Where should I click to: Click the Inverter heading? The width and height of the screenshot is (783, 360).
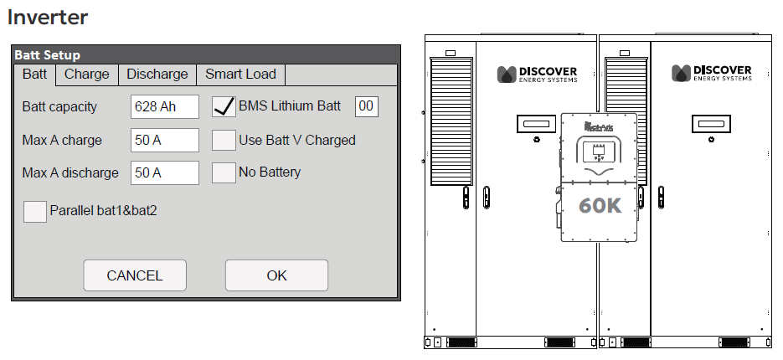pos(48,17)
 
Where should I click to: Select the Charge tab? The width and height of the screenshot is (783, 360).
pos(87,75)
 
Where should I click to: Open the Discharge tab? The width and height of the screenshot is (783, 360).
pos(157,75)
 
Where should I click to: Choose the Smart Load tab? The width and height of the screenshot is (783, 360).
pos(240,75)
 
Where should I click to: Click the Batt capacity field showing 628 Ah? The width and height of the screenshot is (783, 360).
pos(165,107)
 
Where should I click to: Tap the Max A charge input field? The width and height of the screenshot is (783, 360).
pos(165,140)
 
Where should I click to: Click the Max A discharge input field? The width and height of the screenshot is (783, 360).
pos(165,172)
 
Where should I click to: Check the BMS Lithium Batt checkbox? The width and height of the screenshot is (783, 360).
pos(224,106)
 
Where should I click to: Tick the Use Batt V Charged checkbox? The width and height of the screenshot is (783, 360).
pos(224,140)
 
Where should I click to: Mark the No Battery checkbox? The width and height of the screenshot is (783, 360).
pos(224,172)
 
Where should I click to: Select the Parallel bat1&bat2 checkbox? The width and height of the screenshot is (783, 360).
pos(35,211)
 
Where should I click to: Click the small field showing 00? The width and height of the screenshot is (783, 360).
pos(366,106)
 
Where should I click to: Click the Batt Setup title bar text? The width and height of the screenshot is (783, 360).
pos(48,55)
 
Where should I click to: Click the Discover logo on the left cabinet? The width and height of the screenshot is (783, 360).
pos(540,74)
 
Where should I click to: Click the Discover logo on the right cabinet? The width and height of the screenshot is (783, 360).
pos(713,74)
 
